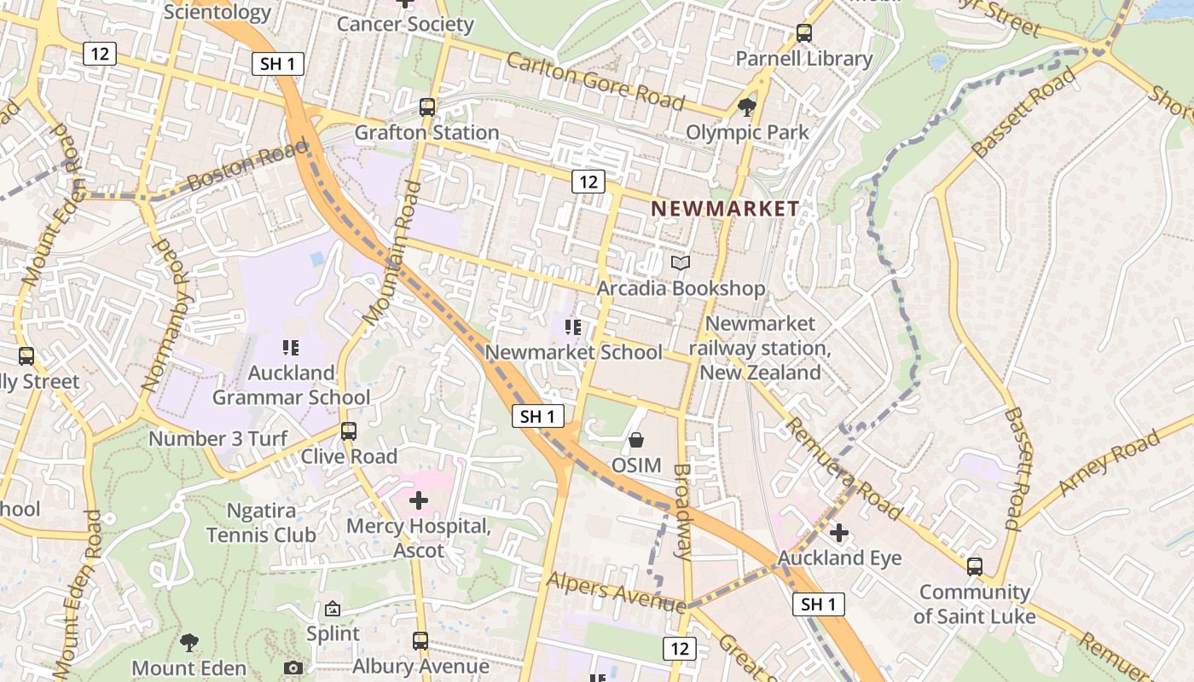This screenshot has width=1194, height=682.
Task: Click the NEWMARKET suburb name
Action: pos(725,209)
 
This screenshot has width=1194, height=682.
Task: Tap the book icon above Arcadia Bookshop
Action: pos(680,263)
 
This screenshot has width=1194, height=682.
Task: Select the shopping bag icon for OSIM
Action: pos(635,440)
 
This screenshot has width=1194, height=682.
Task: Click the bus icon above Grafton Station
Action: pos(426,107)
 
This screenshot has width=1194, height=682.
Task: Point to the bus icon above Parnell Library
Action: pos(803,33)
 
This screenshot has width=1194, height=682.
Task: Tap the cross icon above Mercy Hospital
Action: pos(419,500)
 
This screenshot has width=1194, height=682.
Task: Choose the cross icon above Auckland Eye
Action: pos(839,533)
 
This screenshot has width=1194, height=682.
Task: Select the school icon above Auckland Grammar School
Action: pos(291,347)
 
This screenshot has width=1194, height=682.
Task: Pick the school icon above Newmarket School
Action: pos(572,327)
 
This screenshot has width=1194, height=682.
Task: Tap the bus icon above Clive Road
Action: pos(348,431)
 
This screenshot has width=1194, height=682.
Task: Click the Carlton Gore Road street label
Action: pos(595,81)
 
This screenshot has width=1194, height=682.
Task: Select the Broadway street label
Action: pos(682,511)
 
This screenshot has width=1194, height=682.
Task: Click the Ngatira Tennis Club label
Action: pos(261,523)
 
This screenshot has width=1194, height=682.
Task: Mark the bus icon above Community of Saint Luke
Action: pos(974,566)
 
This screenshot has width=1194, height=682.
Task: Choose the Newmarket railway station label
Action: pos(760,348)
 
